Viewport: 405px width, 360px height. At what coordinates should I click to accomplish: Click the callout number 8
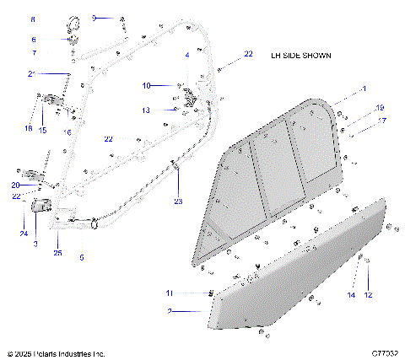tap(33, 19)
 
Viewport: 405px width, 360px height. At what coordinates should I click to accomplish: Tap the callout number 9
tap(94, 17)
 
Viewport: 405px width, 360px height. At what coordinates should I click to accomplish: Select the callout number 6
tap(33, 39)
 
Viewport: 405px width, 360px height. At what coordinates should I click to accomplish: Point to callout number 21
tap(31, 74)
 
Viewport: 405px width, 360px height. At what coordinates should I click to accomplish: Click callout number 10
tap(145, 85)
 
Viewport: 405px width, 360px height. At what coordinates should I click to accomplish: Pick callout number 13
tap(145, 110)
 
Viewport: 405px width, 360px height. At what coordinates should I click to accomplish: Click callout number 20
tap(15, 185)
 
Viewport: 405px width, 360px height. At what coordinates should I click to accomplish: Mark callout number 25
tap(58, 252)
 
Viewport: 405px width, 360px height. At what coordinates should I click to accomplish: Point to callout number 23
tap(178, 201)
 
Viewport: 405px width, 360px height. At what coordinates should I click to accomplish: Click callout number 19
tap(381, 108)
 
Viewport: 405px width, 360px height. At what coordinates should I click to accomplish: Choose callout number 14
tap(350, 295)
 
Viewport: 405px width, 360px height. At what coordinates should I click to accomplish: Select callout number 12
tap(367, 295)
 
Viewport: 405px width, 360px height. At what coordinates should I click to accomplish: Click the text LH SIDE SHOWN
tap(300, 56)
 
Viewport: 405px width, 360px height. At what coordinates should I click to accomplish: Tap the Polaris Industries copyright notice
tap(56, 353)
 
